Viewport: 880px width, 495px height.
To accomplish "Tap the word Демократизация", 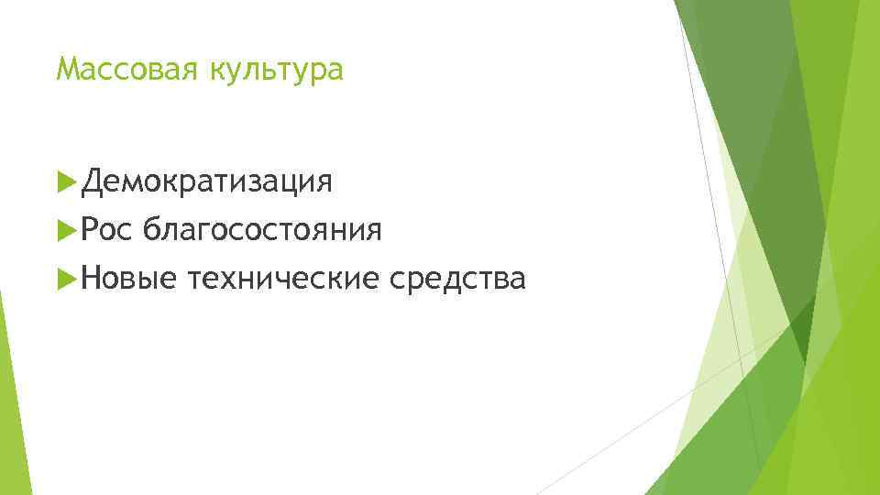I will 206,181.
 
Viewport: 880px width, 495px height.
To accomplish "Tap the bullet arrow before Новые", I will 64,279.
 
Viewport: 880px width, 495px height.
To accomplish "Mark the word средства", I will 457,279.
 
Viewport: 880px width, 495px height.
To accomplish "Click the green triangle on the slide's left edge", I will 11,403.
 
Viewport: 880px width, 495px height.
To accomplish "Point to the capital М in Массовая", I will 65,70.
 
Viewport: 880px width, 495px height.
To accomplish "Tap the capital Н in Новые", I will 89,279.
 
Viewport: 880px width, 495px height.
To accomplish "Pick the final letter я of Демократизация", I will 324,182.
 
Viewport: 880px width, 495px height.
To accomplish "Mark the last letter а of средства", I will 519,280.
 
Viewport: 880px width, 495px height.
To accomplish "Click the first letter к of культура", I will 216,71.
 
